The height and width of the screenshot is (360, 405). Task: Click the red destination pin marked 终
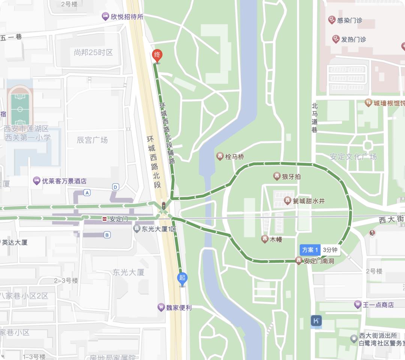pos(157,56)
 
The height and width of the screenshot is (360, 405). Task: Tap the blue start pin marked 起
pos(182,278)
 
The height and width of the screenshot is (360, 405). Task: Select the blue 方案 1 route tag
pos(310,250)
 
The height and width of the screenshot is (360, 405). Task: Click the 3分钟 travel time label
pos(330,250)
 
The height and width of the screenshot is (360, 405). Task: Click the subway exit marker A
pos(87,193)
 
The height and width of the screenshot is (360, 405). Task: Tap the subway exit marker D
pos(115,187)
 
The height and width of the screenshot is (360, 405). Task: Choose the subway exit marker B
pos(107,235)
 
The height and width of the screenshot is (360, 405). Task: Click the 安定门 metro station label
pos(115,219)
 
